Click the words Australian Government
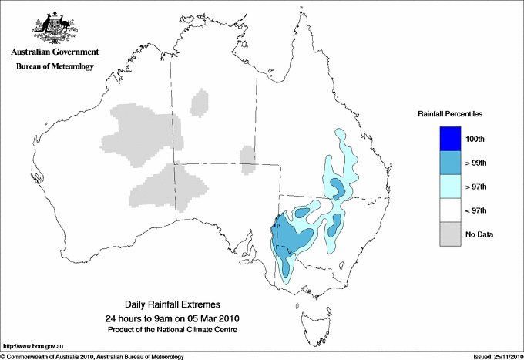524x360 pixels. click(52, 52)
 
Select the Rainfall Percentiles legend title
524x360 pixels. click(450, 114)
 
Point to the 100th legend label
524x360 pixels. click(476, 140)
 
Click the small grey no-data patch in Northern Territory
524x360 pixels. click(200, 102)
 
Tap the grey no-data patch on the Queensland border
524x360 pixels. click(247, 158)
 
